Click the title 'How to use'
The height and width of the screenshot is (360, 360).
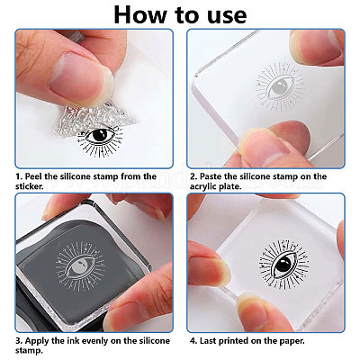click(180, 15)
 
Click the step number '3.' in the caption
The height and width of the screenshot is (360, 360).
click(18, 341)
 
